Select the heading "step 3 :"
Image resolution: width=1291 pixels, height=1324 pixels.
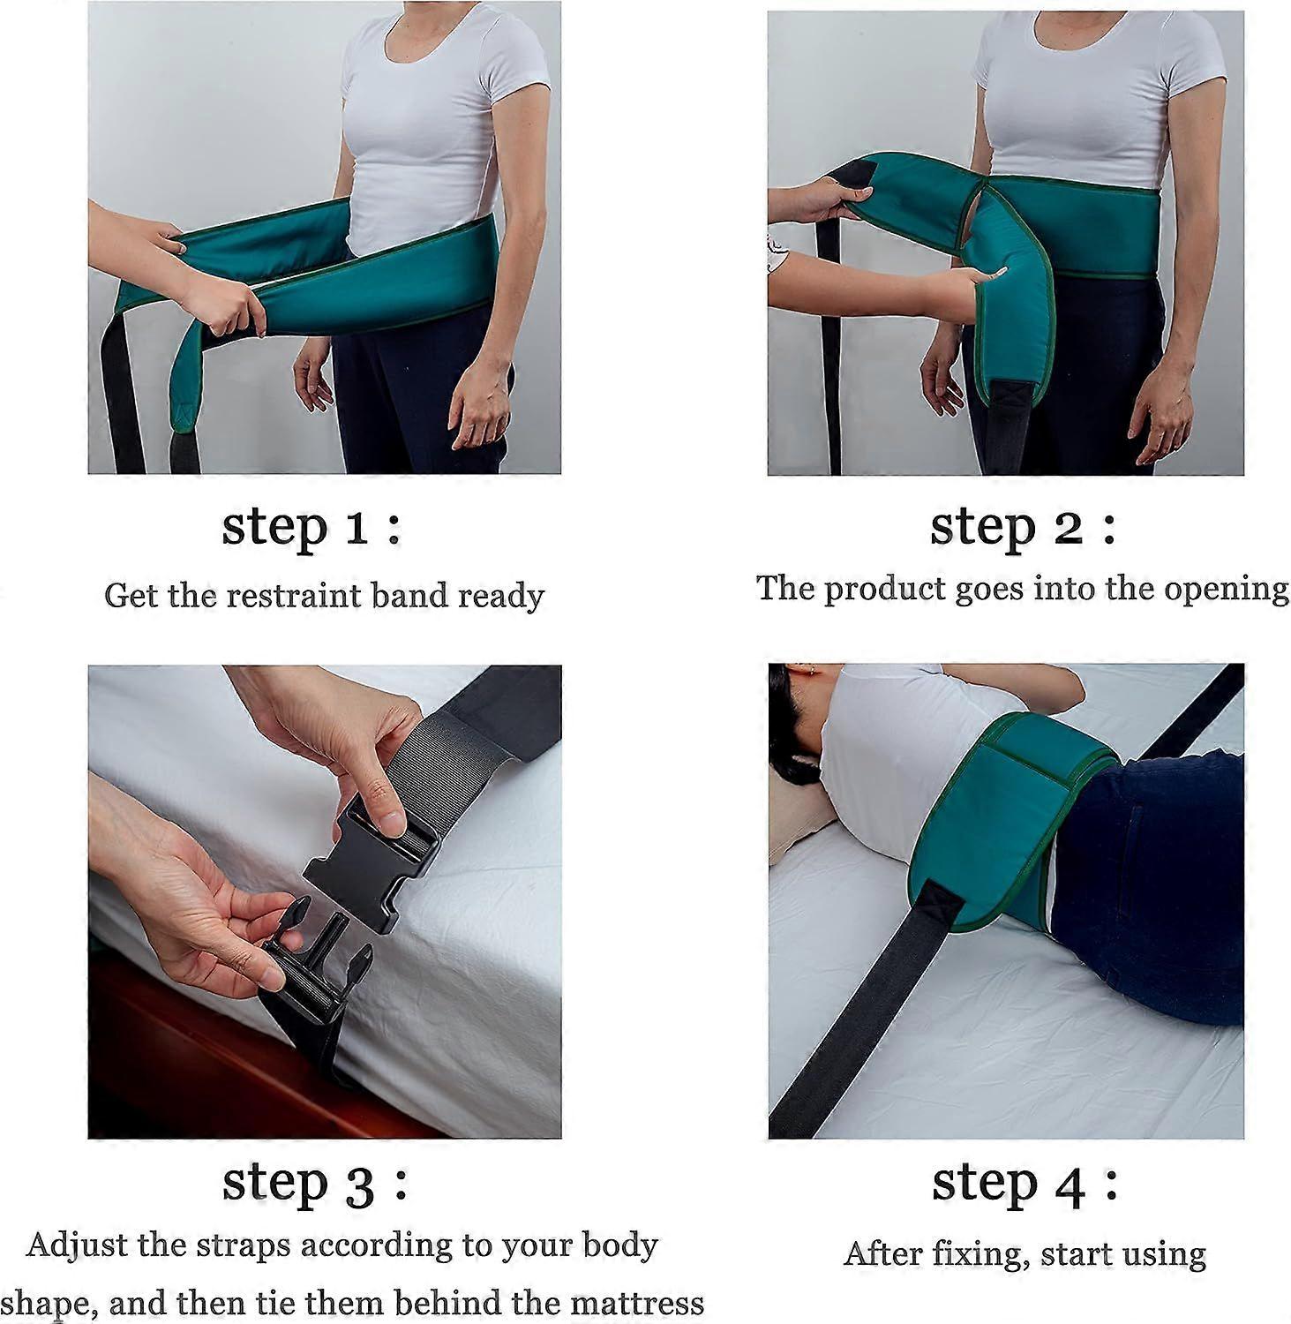pos(314,1184)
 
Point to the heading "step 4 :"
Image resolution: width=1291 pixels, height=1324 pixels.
pos(1025,1184)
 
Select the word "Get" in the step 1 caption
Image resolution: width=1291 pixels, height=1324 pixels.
pos(131,595)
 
